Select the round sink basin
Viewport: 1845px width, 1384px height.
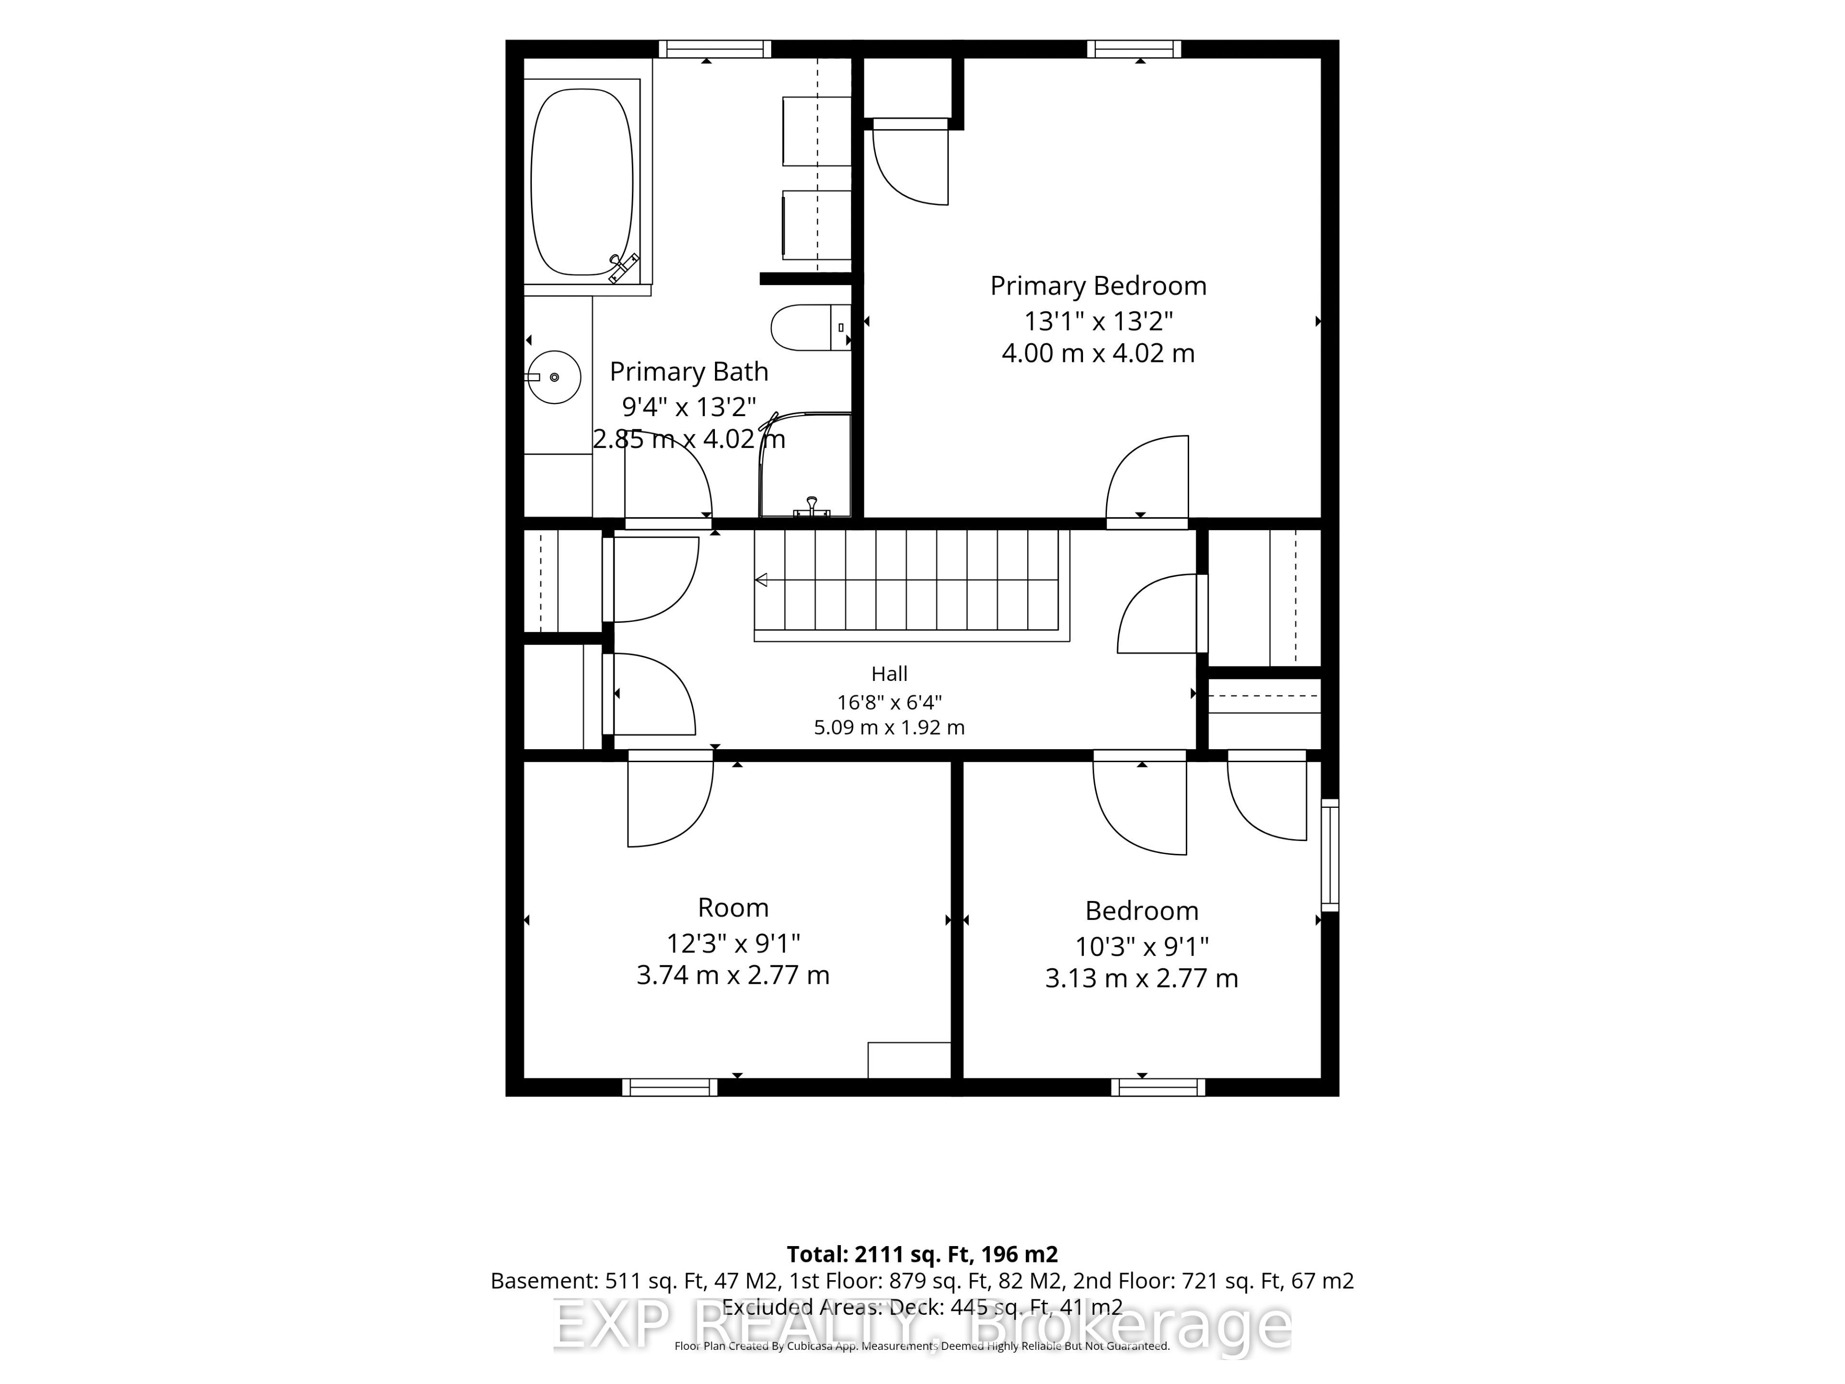554,377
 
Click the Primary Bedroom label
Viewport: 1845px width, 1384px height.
1098,286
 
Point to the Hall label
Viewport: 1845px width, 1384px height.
889,673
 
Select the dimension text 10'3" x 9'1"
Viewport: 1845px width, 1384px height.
1142,947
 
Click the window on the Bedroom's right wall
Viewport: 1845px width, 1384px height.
1330,855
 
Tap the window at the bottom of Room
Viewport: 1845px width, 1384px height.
670,1087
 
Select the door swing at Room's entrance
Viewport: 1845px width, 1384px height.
670,799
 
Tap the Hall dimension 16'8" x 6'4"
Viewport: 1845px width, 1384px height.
889,703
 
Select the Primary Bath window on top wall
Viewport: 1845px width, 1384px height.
715,49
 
